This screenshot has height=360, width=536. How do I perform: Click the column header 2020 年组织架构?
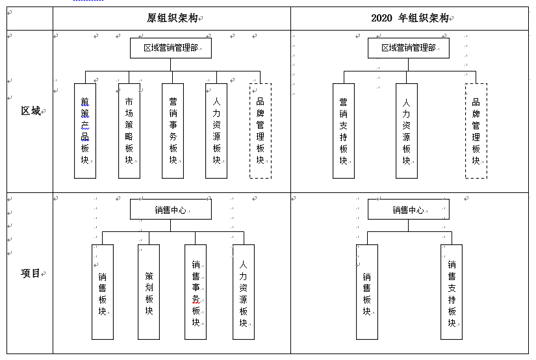[x=410, y=18]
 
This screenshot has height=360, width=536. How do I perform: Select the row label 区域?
[x=31, y=111]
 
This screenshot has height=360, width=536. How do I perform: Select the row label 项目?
[x=31, y=273]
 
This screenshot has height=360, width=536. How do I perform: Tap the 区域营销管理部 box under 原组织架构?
[x=171, y=48]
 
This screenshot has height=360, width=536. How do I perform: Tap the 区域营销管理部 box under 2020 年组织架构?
[x=409, y=48]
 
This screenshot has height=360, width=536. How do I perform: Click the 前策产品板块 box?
[x=85, y=131]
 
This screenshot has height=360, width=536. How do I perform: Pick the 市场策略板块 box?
[x=129, y=131]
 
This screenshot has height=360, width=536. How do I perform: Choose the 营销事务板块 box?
[x=173, y=131]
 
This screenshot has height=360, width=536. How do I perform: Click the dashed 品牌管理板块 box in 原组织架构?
[x=261, y=131]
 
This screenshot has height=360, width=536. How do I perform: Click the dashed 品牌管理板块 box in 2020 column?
[x=476, y=131]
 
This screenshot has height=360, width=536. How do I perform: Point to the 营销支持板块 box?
[x=344, y=131]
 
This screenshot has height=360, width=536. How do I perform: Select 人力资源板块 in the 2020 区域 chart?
[x=407, y=131]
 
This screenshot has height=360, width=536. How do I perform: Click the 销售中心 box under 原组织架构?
[x=171, y=209]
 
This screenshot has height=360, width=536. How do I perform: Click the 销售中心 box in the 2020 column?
[x=409, y=209]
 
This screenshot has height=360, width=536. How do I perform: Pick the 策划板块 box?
[x=149, y=292]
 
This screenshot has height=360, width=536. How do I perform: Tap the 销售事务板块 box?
[x=196, y=292]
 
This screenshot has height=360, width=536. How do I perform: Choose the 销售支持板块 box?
[x=452, y=292]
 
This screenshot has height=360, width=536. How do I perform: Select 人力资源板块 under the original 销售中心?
[x=244, y=292]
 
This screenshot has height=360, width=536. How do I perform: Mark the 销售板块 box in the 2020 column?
[x=367, y=292]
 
